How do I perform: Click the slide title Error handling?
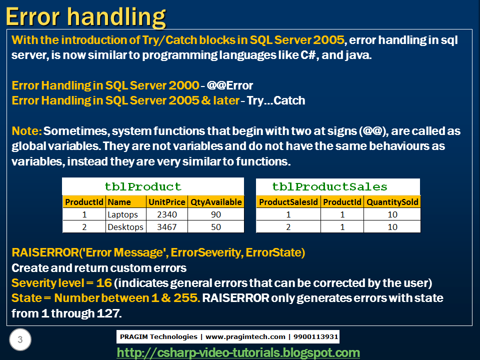coord(85,17)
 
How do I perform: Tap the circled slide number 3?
coord(20,339)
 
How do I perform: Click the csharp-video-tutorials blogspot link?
coord(238,353)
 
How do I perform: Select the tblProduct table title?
coord(143,186)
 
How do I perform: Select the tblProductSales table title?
coord(329,186)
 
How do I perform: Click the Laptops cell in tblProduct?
coord(122,214)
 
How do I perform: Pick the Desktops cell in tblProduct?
coord(125,227)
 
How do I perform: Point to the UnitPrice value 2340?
coord(167,214)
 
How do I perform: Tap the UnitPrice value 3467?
coord(167,227)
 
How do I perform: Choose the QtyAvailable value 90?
coord(216,214)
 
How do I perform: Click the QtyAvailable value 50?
coord(216,227)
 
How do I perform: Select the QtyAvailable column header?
coord(216,202)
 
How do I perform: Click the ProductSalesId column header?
coord(288,202)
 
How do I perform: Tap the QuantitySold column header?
coord(392,202)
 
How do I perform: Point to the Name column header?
coord(119,202)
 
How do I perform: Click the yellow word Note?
coord(26,131)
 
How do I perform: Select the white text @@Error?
coord(230,85)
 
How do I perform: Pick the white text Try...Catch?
coord(276,100)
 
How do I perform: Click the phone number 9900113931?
coord(315,336)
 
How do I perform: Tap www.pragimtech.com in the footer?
coord(245,337)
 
